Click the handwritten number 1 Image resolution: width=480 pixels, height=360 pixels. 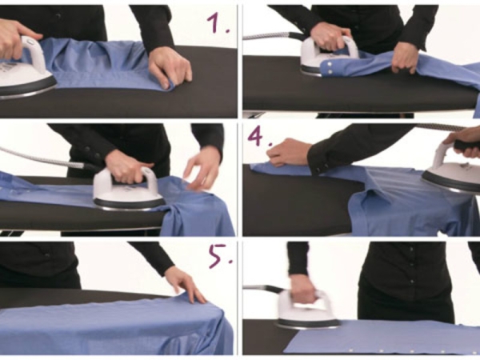218,22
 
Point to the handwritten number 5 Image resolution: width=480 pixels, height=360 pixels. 220,256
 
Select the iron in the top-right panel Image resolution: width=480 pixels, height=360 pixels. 329,56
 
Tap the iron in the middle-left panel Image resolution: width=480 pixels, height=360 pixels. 129,190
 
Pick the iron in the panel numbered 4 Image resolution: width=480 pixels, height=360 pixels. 451,170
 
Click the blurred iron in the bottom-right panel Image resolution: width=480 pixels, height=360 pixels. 306,310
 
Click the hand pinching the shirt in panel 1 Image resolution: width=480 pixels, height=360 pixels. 170,68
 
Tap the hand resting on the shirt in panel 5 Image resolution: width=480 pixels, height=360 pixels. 185,284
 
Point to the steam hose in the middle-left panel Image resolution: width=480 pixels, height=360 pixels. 46,158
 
